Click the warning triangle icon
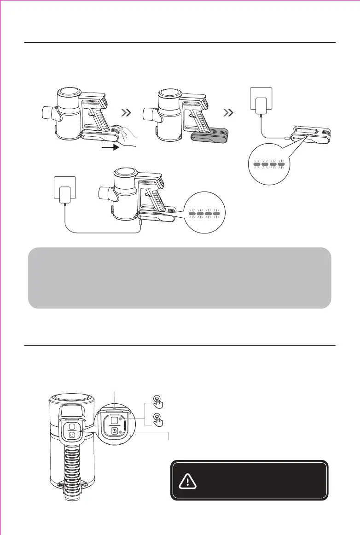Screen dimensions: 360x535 (x=187, y=481)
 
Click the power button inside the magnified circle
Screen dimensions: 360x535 (x=114, y=431)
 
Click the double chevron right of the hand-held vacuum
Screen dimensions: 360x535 (x=129, y=112)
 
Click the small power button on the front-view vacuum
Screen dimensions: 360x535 (x=72, y=435)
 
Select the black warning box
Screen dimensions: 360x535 (x=249, y=480)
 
